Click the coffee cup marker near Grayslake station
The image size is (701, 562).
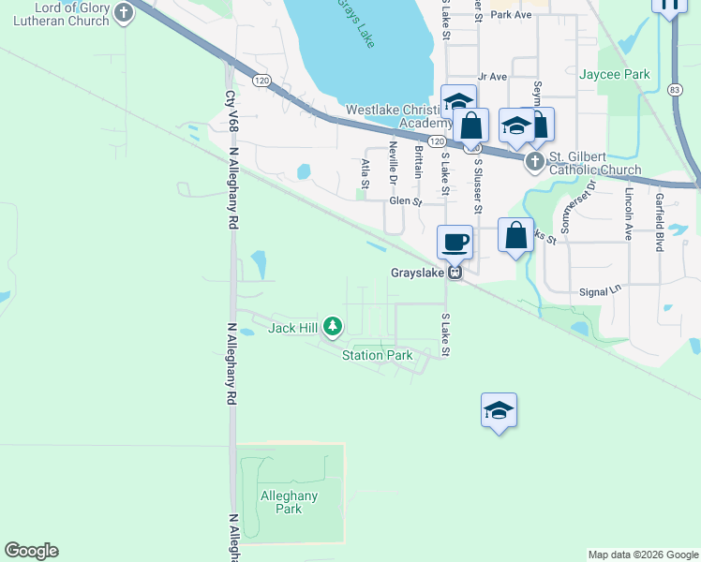tap(455, 243)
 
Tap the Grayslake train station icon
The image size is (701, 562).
tap(455, 273)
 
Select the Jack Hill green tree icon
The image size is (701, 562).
tap(333, 326)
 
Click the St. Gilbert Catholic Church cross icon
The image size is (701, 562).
tap(535, 162)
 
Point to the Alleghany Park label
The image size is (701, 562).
tap(289, 502)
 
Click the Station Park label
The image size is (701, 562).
tap(377, 355)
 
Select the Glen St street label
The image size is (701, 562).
tap(406, 200)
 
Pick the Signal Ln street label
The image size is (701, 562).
tap(601, 290)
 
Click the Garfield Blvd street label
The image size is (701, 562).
tap(660, 222)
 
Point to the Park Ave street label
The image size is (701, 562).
tap(511, 14)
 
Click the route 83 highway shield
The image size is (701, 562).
tap(674, 89)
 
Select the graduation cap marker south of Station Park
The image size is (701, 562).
tap(500, 410)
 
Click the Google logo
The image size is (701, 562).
tap(31, 551)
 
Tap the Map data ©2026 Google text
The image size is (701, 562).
tap(642, 555)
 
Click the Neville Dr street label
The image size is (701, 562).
tap(394, 168)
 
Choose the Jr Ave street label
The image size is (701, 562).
tap(492, 76)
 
